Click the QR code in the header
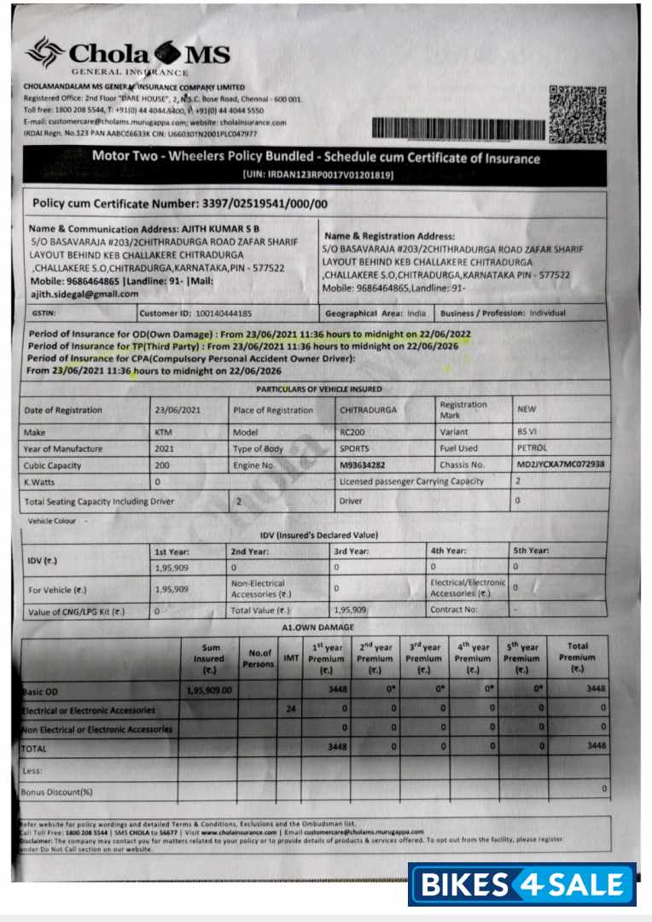pos(578,114)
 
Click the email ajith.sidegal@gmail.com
pos(84,294)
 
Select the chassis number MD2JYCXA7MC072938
pos(561,464)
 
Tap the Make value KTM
pos(164,432)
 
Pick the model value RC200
pos(352,432)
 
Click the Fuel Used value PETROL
pos(533,448)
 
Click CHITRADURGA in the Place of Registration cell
pos(369,410)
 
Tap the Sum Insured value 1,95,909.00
pos(209,691)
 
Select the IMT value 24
pos(291,709)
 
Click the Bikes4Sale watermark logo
pos(521,884)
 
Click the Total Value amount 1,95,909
pos(350,610)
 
